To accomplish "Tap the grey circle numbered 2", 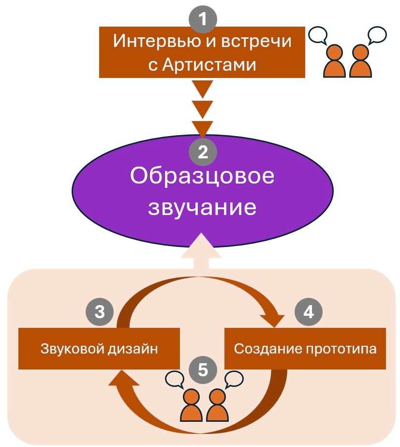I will pyautogui.click(x=203, y=153).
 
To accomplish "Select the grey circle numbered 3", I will pyautogui.click(x=99, y=312).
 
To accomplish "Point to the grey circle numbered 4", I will pyautogui.click(x=309, y=312).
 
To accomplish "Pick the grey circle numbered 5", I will pyautogui.click(x=203, y=370).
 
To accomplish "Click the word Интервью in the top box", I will pyautogui.click(x=152, y=41).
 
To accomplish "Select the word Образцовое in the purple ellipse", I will pyautogui.click(x=202, y=177).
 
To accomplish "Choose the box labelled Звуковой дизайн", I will pyautogui.click(x=99, y=348).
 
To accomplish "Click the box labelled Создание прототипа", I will pyautogui.click(x=305, y=348).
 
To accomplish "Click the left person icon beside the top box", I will pyautogui.click(x=334, y=62).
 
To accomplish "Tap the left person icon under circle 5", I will pyautogui.click(x=192, y=406).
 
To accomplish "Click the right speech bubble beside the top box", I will pyautogui.click(x=377, y=34).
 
